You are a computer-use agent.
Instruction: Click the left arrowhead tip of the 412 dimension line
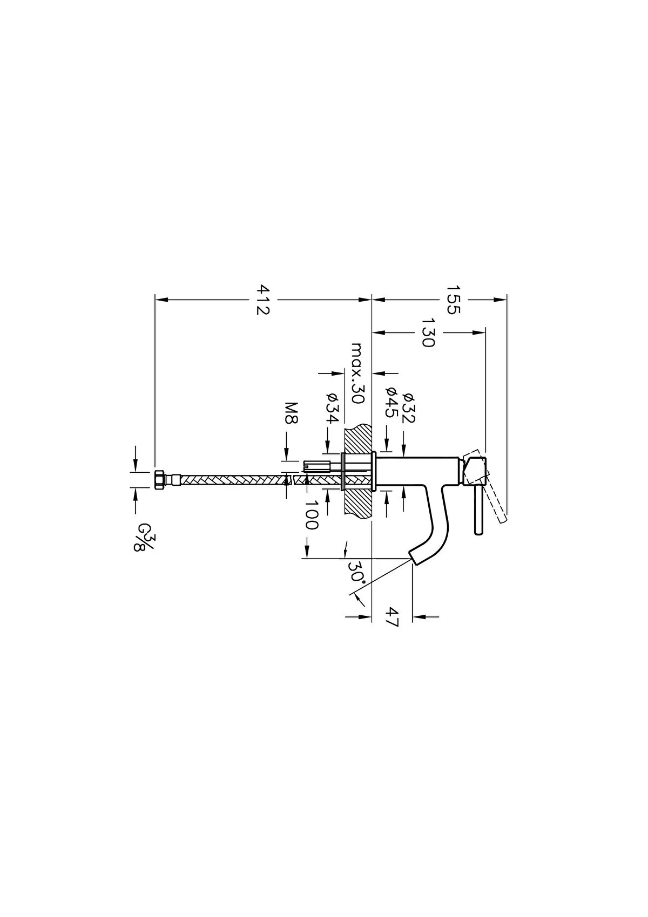tap(155, 299)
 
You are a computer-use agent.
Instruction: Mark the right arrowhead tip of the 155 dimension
tap(507, 299)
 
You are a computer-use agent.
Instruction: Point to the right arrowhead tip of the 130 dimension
tap(485, 332)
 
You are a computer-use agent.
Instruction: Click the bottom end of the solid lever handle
tap(478, 534)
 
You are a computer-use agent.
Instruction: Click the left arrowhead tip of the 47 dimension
tap(371, 628)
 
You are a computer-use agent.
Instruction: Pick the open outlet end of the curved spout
tap(414, 559)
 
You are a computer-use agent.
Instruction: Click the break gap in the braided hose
tap(293, 480)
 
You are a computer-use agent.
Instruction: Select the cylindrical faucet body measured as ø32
tap(419, 471)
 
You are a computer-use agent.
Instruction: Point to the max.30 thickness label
tap(357, 373)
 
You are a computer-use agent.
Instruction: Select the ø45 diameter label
tap(391, 402)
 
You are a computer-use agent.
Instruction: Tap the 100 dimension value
tap(312, 514)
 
